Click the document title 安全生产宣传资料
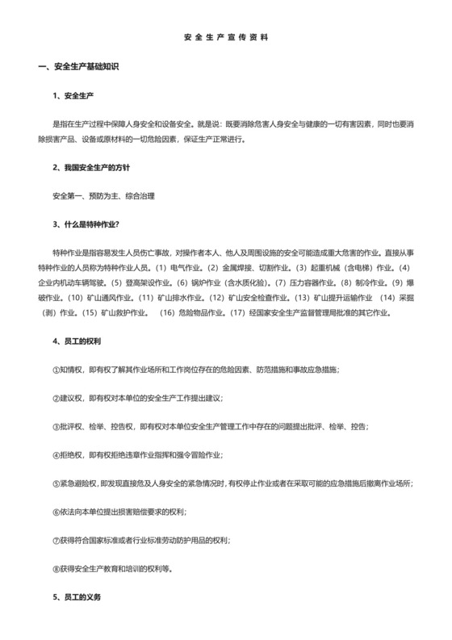(x=226, y=37)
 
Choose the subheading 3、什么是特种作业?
(x=86, y=224)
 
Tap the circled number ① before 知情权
(x=54, y=370)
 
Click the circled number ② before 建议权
(x=54, y=398)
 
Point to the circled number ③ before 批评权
(x=54, y=426)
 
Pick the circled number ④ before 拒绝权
(x=54, y=454)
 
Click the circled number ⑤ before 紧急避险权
(x=54, y=483)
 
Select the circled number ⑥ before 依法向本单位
(x=54, y=512)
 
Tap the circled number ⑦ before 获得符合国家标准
(x=54, y=540)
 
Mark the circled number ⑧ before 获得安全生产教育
(x=54, y=568)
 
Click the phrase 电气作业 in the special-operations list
(x=185, y=266)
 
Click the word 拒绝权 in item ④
(x=69, y=454)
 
